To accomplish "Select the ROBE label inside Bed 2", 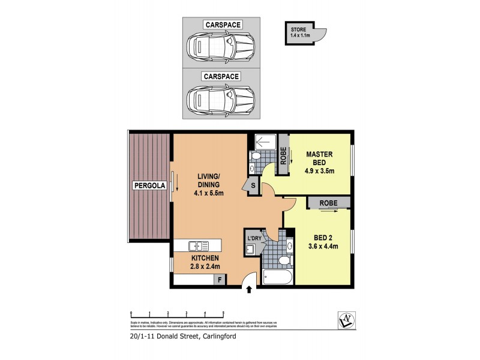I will [328, 203].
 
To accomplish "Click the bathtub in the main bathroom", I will [277, 278].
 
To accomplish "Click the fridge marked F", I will [220, 279].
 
